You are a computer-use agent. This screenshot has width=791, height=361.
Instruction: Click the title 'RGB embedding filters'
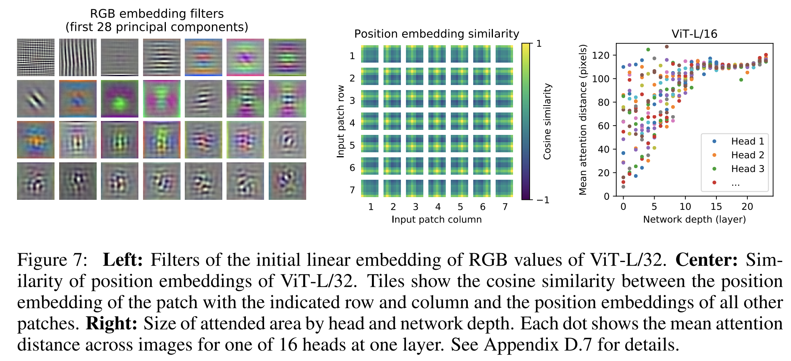pos(157,14)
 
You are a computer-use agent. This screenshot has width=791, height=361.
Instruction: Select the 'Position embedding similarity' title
pos(436,34)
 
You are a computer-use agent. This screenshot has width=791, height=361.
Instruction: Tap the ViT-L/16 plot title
pos(694,34)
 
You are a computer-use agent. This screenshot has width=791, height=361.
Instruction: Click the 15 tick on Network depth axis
pos(716,207)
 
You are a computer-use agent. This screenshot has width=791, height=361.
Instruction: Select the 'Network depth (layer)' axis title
pos(694,220)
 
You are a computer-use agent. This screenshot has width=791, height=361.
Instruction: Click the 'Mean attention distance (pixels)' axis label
pos(583,120)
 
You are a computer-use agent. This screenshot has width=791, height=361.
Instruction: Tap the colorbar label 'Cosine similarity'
pos(547,121)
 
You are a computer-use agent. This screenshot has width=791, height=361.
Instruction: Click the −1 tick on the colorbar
pos(543,200)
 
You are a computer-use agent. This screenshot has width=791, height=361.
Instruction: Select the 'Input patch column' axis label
pos(436,220)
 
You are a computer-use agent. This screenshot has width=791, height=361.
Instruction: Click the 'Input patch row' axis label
pos(341,121)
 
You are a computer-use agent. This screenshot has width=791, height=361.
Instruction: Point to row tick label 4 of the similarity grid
pos(352,123)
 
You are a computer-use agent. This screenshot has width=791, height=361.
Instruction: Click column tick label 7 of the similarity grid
pos(505,207)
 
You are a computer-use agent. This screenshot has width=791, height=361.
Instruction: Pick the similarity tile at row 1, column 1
pos(370,54)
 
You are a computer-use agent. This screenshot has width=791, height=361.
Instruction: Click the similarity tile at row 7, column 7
pos(504,188)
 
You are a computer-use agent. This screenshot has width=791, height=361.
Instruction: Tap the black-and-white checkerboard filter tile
pos(36,57)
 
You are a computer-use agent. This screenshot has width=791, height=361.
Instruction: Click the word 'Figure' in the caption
pos(53,260)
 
